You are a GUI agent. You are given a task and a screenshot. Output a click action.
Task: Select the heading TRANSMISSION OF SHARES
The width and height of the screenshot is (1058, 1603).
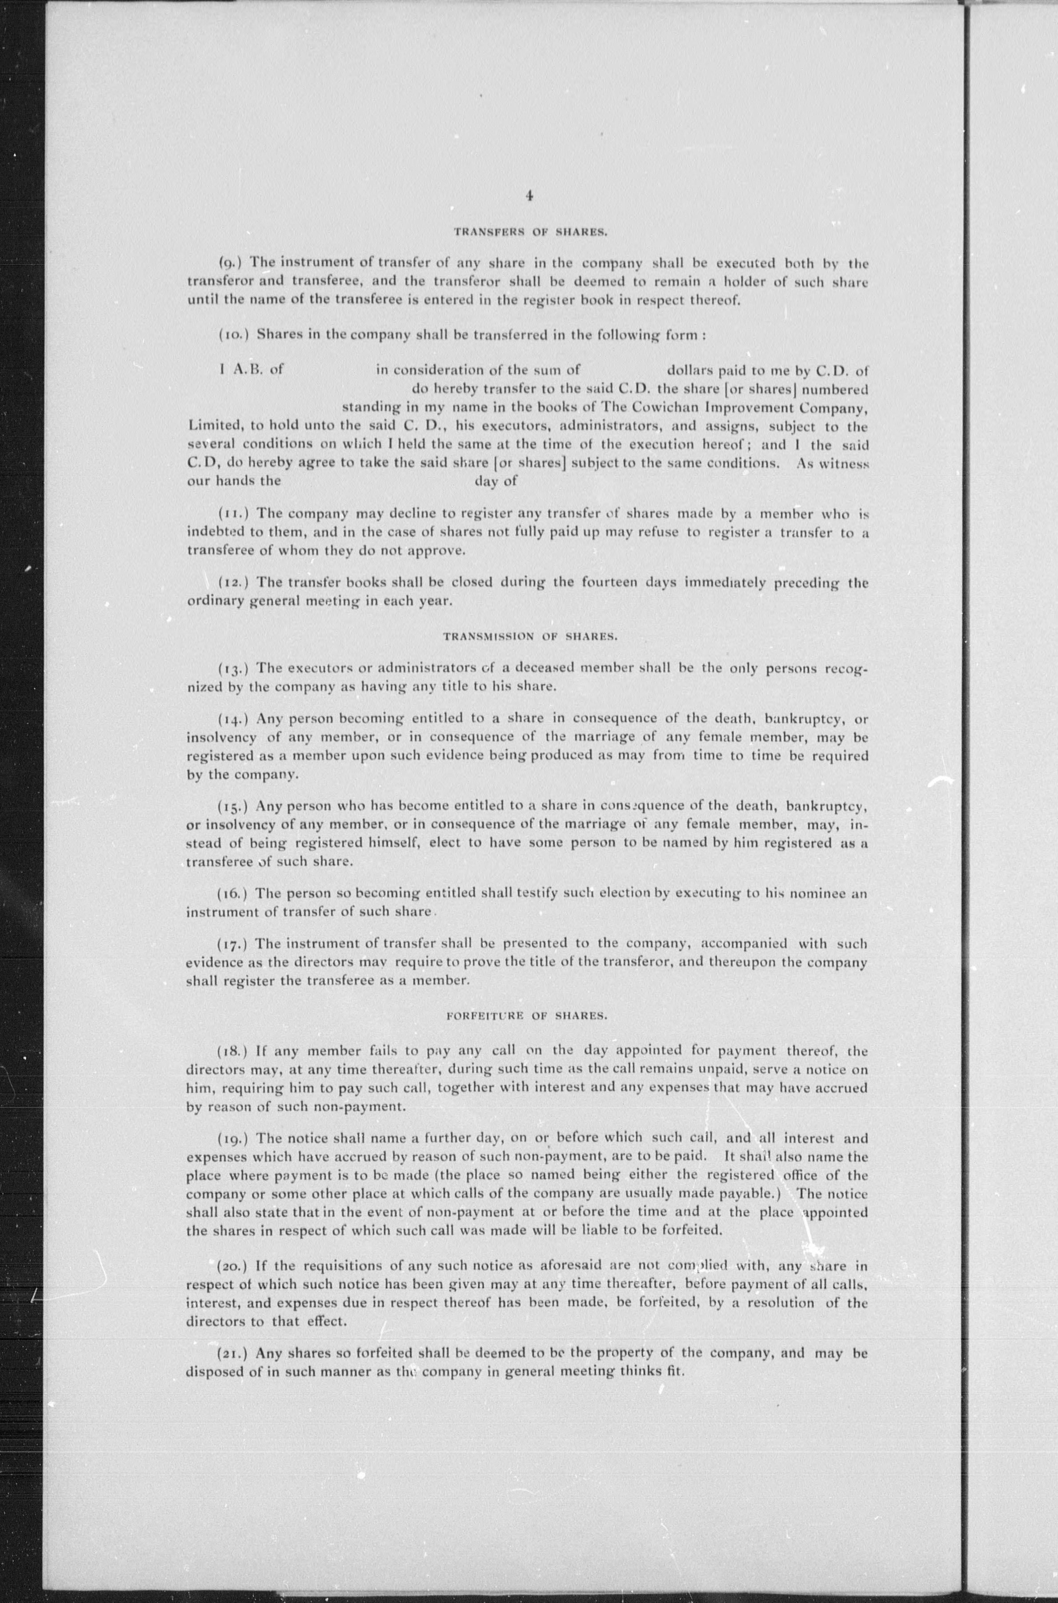(x=530, y=636)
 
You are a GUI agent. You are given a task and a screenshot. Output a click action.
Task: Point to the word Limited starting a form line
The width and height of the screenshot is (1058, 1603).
(x=211, y=427)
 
